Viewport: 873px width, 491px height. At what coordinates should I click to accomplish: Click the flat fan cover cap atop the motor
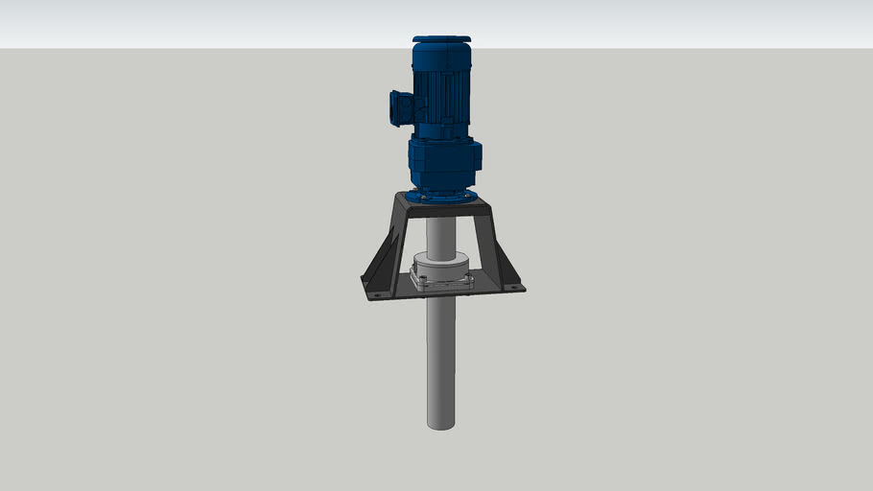point(441,40)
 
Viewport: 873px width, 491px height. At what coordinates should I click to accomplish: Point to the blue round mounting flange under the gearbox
point(441,197)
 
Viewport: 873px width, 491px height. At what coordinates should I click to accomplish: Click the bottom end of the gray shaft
point(440,423)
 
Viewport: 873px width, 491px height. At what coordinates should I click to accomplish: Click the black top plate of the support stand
point(441,206)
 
